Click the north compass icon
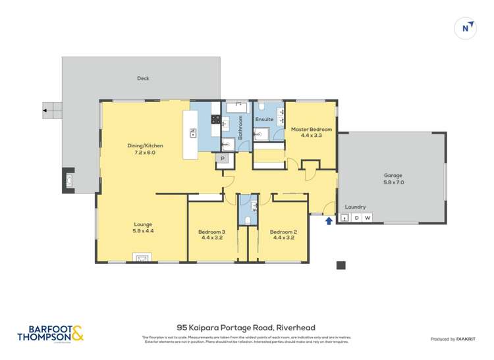[x=466, y=28]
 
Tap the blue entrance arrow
[x=329, y=220]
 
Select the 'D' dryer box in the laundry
[x=356, y=218]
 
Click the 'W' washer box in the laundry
[x=368, y=218]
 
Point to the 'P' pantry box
[x=223, y=159]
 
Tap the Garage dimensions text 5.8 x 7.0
[x=393, y=182]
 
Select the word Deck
[x=143, y=78]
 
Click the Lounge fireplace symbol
[x=142, y=258]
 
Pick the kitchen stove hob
[x=215, y=119]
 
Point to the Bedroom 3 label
[x=211, y=232]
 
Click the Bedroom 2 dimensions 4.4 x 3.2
[x=283, y=238]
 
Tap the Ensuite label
[x=264, y=119]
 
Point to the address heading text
[x=246, y=327]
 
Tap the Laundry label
[x=355, y=206]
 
